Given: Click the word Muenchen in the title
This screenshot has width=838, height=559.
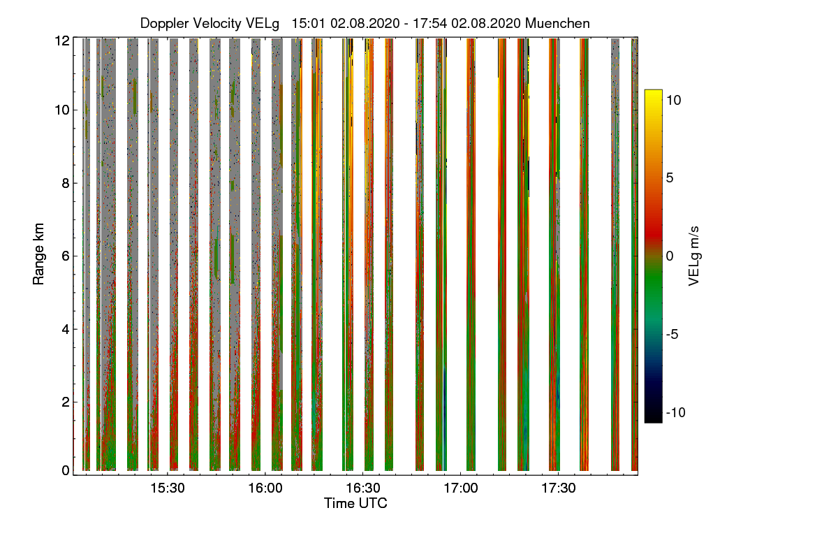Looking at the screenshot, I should [557, 23].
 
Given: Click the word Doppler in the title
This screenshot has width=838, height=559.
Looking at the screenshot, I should [164, 23].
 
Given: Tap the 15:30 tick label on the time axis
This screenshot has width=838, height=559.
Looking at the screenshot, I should [167, 488].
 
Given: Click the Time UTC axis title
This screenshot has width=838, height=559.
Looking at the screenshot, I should [355, 503].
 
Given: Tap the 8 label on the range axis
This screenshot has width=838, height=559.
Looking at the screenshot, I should [66, 184].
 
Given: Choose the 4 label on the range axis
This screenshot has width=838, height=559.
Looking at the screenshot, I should [66, 328].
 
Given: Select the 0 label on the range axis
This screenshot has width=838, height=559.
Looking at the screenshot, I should [66, 471].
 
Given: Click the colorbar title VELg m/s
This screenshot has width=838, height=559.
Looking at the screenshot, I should [693, 256].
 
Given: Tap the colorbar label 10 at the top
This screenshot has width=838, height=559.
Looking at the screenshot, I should [673, 100].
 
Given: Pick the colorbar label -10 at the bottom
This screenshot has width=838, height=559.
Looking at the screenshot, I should [675, 412].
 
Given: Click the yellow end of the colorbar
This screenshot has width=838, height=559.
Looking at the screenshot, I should [653, 94].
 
